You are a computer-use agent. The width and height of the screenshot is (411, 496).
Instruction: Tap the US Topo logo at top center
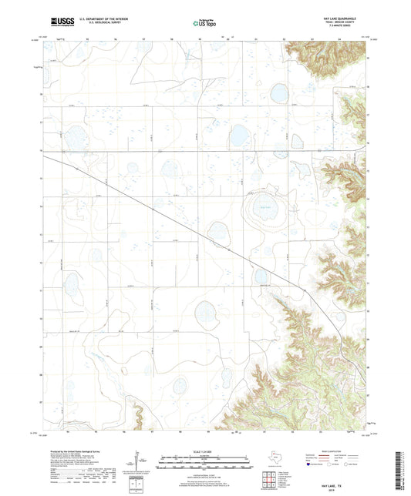coord(204,24)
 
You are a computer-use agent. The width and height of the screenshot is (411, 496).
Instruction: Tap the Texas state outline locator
coord(275,457)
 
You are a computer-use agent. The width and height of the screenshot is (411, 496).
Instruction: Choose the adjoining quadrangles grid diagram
coord(271,478)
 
